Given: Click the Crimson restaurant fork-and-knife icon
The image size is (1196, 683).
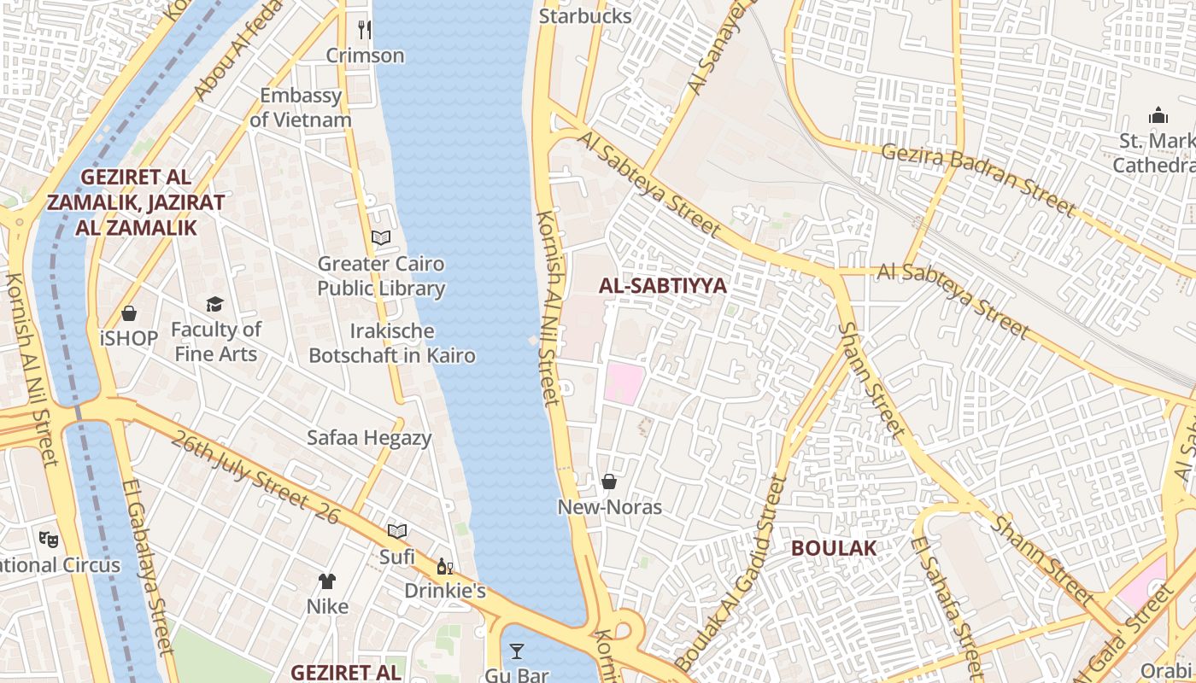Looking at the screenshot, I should (365, 30).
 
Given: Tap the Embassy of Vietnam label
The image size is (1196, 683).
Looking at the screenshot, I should (301, 108).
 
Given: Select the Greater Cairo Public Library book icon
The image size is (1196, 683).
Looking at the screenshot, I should (381, 238).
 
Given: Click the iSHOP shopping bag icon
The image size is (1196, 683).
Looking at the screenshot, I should (129, 313).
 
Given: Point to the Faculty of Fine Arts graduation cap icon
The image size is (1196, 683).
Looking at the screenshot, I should (214, 304).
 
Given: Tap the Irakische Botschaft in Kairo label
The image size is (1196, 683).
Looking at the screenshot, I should (392, 343).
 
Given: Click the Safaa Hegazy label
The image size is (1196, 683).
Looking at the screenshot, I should (369, 438).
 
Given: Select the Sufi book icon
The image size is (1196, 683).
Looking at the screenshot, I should (397, 531).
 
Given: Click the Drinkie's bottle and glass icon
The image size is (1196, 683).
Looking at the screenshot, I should (445, 566).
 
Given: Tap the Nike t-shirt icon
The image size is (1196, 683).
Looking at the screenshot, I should (327, 581).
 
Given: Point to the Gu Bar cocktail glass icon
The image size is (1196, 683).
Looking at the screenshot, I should (517, 652).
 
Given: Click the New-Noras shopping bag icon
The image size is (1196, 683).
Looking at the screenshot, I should (609, 482).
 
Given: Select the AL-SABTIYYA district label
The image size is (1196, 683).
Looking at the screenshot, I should (663, 286).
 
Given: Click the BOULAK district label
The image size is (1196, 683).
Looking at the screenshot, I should (834, 548).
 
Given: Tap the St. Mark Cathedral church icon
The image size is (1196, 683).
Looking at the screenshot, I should (1158, 114).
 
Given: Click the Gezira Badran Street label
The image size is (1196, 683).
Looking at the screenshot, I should (977, 178).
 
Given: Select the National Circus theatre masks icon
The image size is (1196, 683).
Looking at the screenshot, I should (48, 539).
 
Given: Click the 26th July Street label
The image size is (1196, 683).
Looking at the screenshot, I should (255, 478).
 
